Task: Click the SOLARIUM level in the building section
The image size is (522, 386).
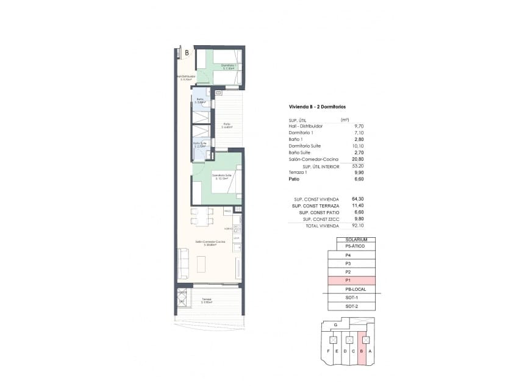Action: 355,240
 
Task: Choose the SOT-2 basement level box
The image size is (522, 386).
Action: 351,306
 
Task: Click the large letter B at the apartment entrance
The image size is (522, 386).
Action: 186,53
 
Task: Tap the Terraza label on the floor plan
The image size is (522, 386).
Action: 207,300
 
